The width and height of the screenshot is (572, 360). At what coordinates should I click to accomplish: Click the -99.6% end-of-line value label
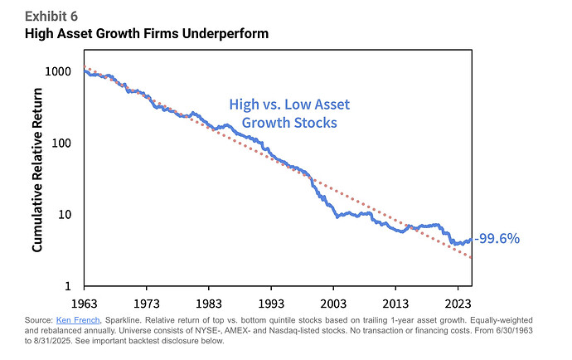pyautogui.click(x=497, y=239)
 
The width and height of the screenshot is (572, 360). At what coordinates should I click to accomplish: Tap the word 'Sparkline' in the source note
pyautogui.click(x=124, y=320)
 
